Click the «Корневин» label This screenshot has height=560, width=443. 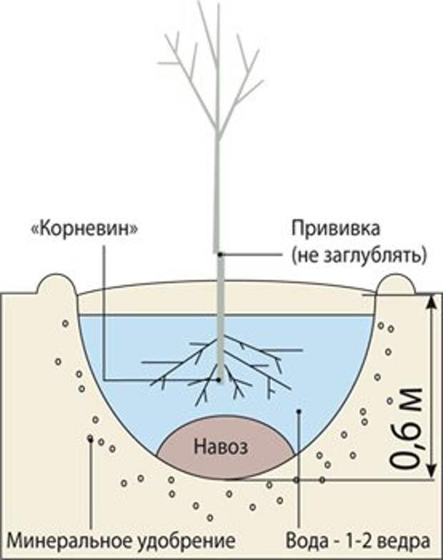point(85,229)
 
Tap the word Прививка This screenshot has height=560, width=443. point(336,229)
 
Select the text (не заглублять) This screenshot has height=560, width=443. point(359,256)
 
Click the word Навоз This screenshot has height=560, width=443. point(221,447)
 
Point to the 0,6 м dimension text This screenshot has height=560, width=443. point(406,428)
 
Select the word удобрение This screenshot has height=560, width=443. point(186,542)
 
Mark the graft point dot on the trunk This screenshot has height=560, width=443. point(221,255)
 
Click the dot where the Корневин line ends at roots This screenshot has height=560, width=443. point(219,379)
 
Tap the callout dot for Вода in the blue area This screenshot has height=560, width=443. point(299,411)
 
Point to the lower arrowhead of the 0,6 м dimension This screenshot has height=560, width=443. point(432,471)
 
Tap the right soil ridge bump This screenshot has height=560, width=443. point(396,283)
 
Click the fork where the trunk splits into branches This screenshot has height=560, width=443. point(218,134)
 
